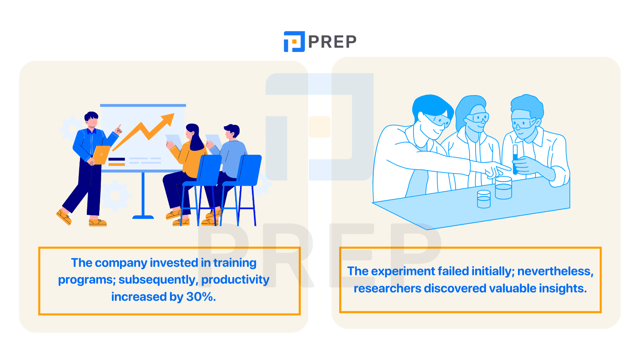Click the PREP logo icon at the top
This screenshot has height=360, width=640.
point(294,42)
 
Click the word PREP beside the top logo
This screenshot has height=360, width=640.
point(332,42)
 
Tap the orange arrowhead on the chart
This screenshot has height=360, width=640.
point(168,119)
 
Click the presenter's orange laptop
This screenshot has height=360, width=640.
point(102,155)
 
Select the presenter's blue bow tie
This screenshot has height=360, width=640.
point(92,132)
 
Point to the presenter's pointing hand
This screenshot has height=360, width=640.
point(118,130)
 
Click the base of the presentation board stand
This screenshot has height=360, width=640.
point(143,217)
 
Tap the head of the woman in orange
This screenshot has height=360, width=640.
point(192,132)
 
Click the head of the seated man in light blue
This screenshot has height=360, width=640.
point(231,132)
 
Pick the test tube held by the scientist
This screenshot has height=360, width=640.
point(515,160)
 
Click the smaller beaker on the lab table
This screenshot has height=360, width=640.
point(484,199)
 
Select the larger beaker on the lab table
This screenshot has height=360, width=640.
point(503,188)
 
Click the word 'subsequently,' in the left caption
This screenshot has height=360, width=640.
point(158,280)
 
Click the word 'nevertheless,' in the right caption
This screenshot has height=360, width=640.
point(555,271)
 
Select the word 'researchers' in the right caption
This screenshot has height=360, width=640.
point(388,288)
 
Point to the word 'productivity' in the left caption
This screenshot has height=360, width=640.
point(235,280)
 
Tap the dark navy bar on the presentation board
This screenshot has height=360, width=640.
point(116,160)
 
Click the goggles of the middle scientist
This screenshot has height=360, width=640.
point(477,118)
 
